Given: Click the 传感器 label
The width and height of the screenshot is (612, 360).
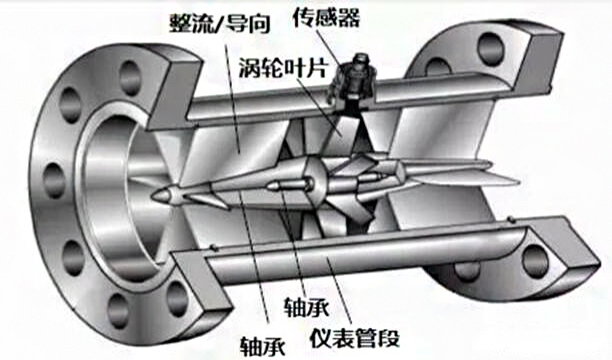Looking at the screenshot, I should click(326, 16).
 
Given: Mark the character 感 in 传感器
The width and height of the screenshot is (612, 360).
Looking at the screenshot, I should click(326, 16).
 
